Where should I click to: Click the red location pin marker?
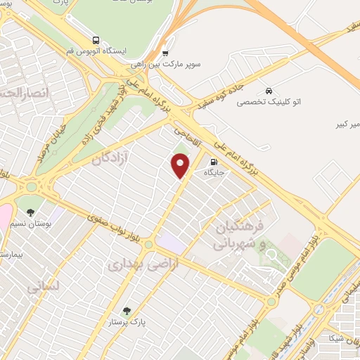click(x=181, y=165)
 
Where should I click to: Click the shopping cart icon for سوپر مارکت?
click(x=165, y=53)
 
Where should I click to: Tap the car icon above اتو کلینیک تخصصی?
click(x=269, y=91)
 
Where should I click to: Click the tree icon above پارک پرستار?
click(x=127, y=311)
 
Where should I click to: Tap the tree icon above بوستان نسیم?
click(x=30, y=212)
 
